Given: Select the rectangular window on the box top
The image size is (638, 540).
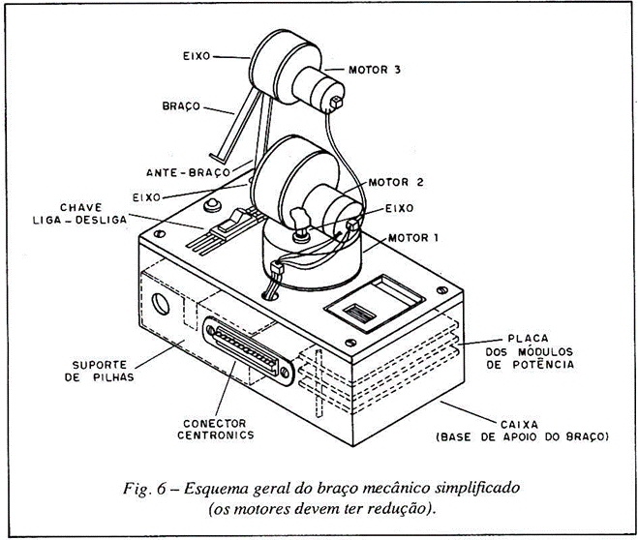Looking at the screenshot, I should pos(366,304).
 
